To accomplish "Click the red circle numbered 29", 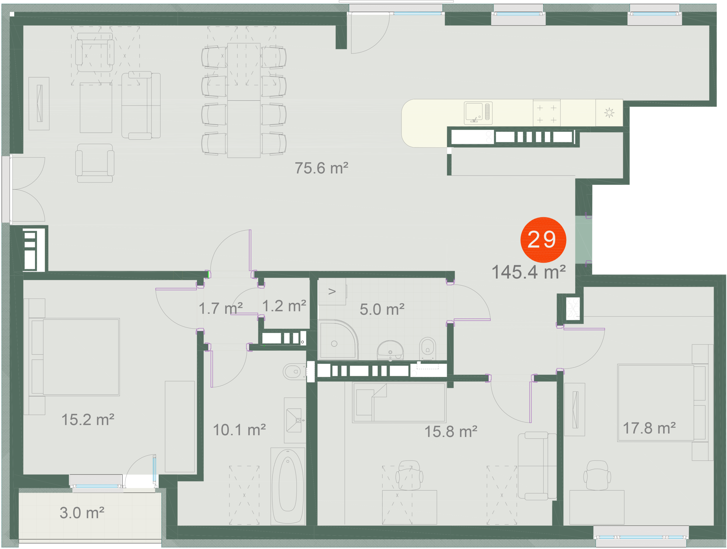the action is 543,239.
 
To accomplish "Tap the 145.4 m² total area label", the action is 528,272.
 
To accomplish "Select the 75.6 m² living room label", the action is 321,168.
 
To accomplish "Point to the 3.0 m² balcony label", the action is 82,513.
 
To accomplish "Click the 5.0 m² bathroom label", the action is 382,309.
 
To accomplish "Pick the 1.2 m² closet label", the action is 284,306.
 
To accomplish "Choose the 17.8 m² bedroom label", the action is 649,428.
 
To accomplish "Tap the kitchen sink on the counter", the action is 478,113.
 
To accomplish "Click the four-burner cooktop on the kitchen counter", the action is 547,113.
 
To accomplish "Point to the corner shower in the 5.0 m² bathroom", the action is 338,339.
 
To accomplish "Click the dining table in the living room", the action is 244,100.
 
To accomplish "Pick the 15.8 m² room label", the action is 451,432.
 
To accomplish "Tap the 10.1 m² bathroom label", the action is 239,430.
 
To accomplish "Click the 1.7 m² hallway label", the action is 221,308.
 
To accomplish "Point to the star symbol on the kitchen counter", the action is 609,113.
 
